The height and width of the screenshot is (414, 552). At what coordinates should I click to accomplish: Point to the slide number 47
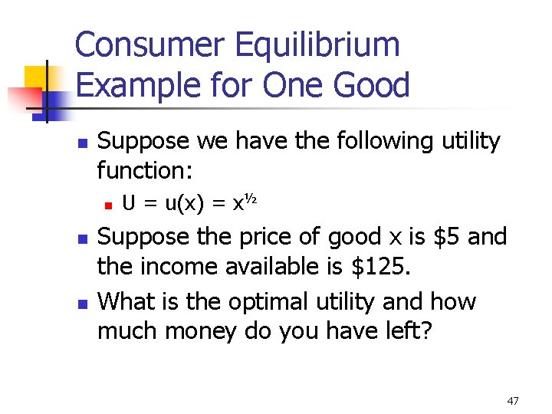[513, 401]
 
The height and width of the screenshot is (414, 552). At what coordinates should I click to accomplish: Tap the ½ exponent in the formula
[249, 201]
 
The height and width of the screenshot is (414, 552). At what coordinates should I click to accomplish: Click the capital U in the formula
[130, 203]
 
